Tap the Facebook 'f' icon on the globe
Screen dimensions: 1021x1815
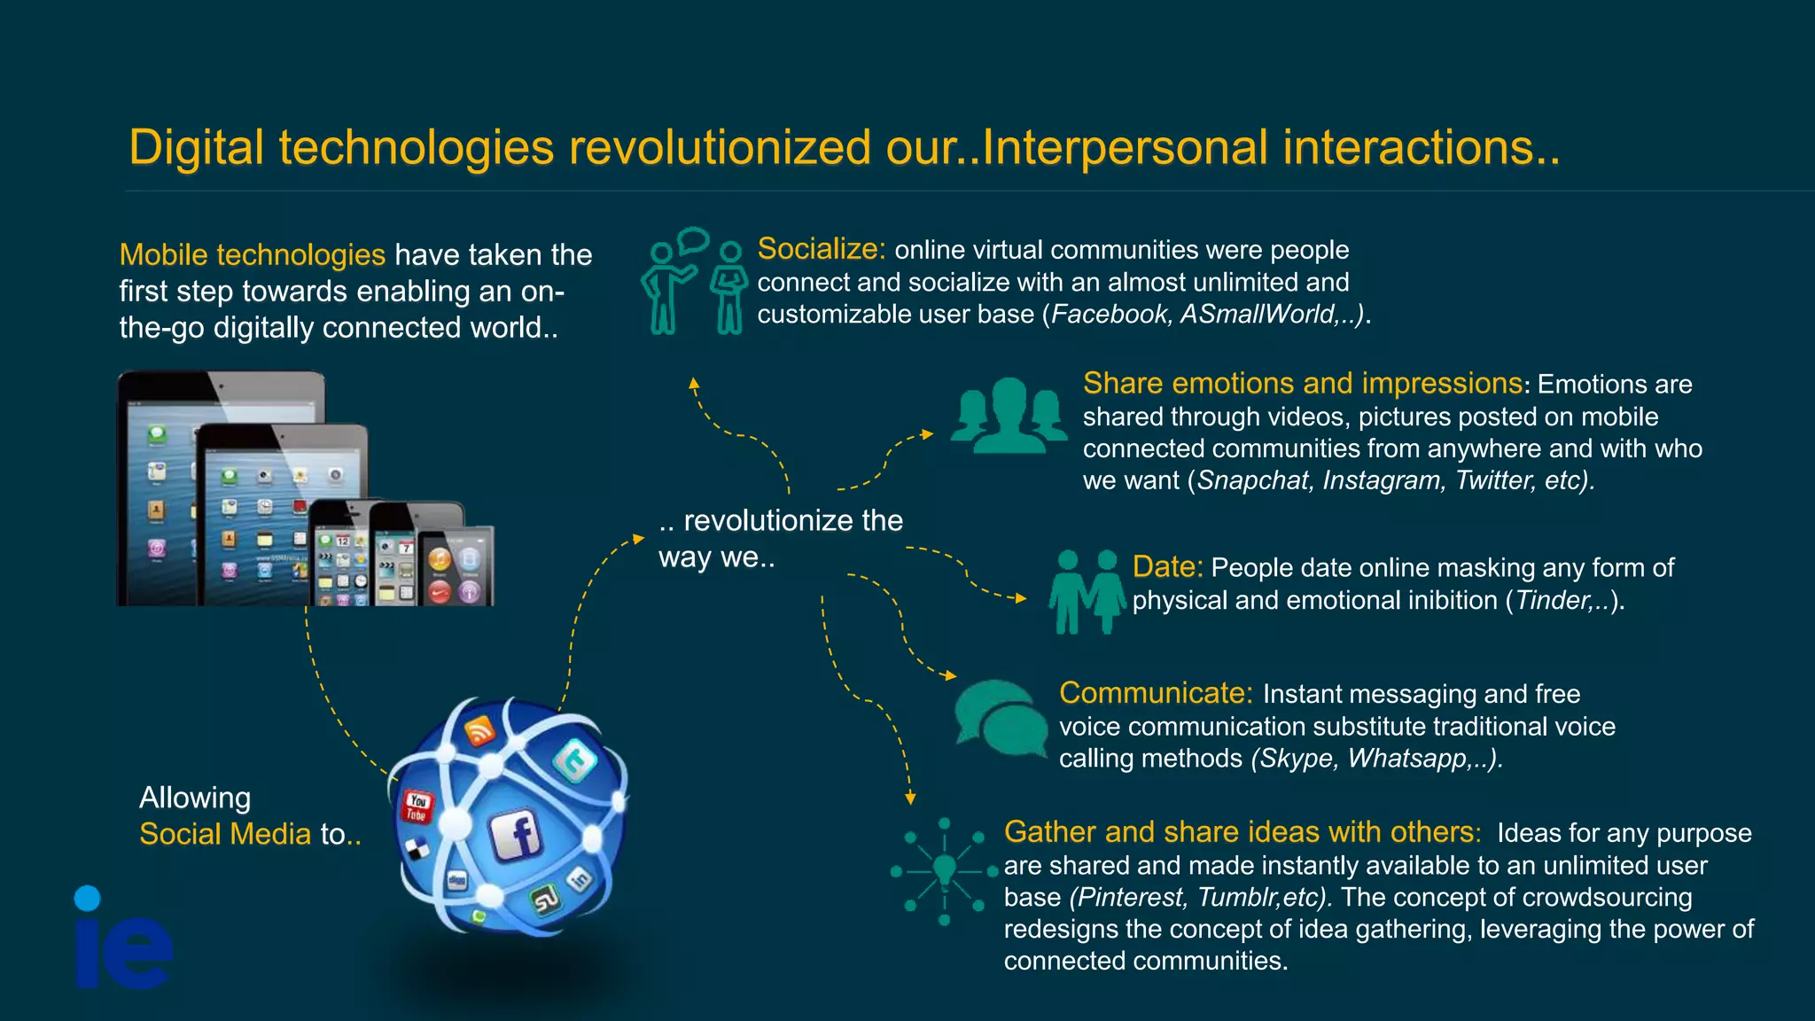(x=517, y=835)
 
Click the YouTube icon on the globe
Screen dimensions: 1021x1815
(x=417, y=807)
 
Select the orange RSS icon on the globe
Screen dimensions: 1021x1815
(x=479, y=730)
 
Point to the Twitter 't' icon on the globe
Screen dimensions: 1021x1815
(x=575, y=760)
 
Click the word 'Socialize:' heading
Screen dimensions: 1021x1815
(x=821, y=249)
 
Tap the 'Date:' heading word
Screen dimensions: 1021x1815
(x=1167, y=567)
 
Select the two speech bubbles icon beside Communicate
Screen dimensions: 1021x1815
(x=1001, y=718)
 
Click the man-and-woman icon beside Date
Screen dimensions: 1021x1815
(x=1087, y=591)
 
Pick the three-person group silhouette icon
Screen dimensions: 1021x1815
(x=1009, y=416)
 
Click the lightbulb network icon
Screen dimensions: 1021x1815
(x=945, y=871)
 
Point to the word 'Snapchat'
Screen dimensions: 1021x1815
(x=1252, y=480)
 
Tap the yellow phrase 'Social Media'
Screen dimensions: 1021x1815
(x=225, y=834)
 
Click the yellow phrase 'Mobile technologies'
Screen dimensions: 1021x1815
(x=252, y=255)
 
